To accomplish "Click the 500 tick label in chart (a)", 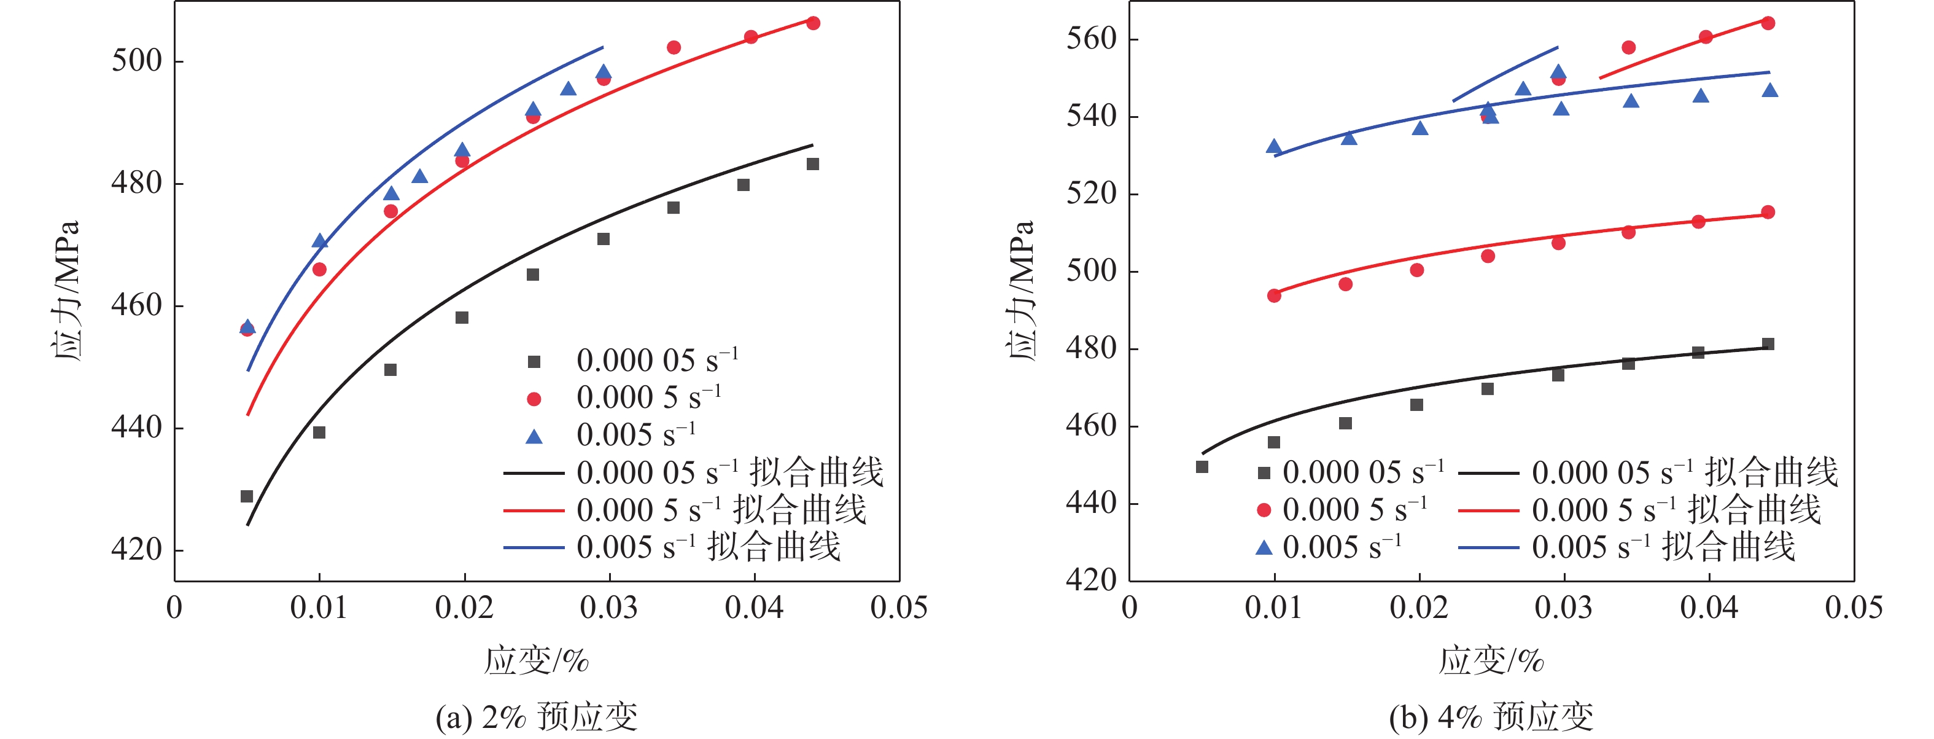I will click(x=137, y=61).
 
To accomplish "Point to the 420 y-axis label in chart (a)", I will click(x=137, y=550).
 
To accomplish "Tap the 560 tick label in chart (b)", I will click(x=1092, y=38).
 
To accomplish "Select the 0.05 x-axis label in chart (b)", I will click(x=1854, y=608).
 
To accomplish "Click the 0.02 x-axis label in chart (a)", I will click(x=464, y=608).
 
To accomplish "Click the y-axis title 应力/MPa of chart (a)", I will click(x=68, y=291).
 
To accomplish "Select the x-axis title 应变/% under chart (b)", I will click(x=1491, y=661).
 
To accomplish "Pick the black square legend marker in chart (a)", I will click(x=534, y=362).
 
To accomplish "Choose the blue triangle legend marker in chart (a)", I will click(x=534, y=436).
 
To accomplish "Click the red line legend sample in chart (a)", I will click(x=533, y=510).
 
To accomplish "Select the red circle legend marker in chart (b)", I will click(x=1264, y=510).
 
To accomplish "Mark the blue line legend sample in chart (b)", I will click(x=1488, y=548).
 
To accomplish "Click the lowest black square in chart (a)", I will click(x=246, y=496).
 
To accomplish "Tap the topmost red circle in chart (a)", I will click(x=813, y=23).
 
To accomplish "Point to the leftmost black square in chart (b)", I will click(x=1202, y=467).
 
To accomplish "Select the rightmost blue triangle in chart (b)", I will click(x=1769, y=91).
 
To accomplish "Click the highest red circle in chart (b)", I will click(x=1768, y=23).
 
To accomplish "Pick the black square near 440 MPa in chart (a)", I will click(x=319, y=432).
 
